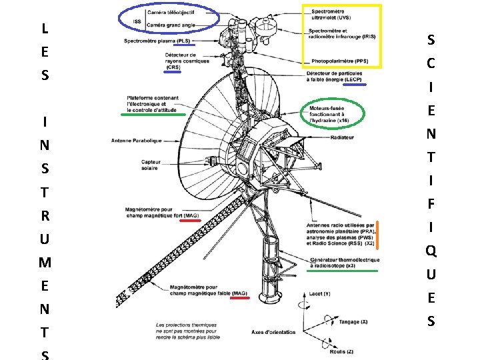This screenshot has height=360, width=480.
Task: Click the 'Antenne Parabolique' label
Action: pos(137,140)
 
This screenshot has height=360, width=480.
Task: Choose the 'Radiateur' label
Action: pos(341,137)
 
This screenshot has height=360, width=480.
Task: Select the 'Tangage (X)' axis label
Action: pos(354,321)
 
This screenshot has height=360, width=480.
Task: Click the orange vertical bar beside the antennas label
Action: pos(377,234)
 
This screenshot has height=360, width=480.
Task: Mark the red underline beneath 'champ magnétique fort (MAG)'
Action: pos(190,221)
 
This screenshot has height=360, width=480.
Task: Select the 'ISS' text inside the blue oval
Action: pos(137,21)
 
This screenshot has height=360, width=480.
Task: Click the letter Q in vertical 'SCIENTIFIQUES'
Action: pos(431,251)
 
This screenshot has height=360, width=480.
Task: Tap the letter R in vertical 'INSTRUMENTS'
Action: pos(44,215)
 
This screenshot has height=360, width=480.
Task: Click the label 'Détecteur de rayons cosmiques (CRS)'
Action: pos(187,61)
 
